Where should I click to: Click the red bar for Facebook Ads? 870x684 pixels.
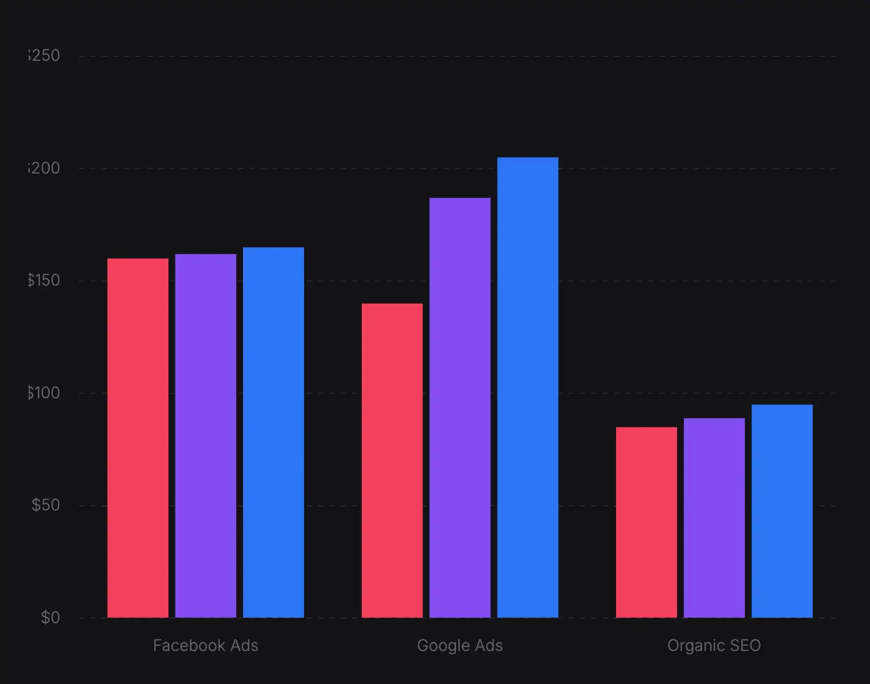(x=138, y=438)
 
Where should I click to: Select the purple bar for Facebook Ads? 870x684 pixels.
(x=206, y=435)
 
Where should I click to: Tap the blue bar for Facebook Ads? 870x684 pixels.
(x=273, y=432)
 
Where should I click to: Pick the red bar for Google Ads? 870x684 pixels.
(x=392, y=460)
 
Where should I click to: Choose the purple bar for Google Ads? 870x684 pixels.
(x=460, y=407)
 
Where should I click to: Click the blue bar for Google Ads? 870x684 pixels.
(x=528, y=387)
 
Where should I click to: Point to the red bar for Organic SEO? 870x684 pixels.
(x=646, y=522)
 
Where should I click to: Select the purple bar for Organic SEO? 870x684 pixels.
(x=714, y=517)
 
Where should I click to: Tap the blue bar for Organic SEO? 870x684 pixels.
(x=782, y=510)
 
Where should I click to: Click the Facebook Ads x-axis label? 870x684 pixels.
(x=206, y=645)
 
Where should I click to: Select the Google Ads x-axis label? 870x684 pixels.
(x=460, y=645)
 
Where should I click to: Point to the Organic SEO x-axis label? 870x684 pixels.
(x=714, y=645)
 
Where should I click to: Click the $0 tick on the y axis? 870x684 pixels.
(x=50, y=617)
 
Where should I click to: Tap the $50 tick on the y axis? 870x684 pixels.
(x=46, y=505)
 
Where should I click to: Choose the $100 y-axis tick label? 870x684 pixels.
(x=44, y=393)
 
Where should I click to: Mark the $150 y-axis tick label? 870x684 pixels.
(x=44, y=280)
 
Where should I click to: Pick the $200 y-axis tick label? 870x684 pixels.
(x=44, y=168)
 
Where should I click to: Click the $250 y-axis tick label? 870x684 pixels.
(x=44, y=55)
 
